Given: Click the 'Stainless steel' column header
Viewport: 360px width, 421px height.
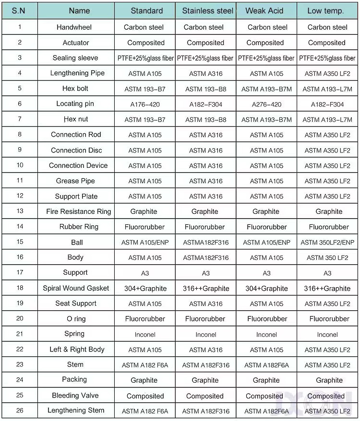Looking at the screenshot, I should (x=208, y=11).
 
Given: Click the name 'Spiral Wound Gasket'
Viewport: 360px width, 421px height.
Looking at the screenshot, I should (x=76, y=288).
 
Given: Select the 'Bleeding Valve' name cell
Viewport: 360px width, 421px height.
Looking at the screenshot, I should (x=75, y=396).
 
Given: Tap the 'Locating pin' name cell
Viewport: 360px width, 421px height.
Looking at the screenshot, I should (x=75, y=104).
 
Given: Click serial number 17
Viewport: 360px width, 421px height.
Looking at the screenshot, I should (x=20, y=273).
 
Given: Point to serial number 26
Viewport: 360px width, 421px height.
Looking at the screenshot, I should (x=20, y=411).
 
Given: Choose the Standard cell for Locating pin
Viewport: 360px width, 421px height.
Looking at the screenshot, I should (x=145, y=105).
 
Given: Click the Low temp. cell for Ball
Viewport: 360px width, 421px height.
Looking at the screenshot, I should (x=327, y=243).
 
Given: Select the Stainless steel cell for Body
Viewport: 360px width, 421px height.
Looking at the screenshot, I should (x=205, y=258).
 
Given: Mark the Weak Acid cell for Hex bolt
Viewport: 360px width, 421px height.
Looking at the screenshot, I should (x=266, y=89).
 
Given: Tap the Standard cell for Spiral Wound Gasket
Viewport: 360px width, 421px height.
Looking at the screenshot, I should (x=145, y=289).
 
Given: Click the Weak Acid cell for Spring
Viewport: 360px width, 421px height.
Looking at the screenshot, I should (x=266, y=335).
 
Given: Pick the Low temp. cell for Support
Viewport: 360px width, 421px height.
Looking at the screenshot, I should (x=327, y=273).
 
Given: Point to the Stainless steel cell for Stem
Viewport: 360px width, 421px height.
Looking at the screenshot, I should (x=205, y=365).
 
